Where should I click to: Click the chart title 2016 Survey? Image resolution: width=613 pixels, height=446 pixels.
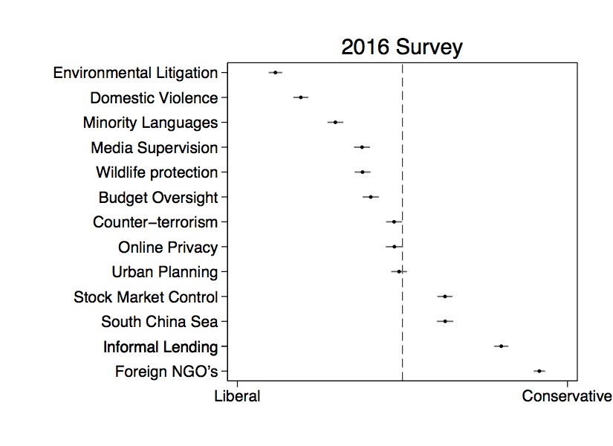[x=401, y=48]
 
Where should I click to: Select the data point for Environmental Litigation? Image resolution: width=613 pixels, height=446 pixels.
[x=276, y=73]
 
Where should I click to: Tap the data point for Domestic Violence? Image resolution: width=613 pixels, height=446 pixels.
[x=300, y=97]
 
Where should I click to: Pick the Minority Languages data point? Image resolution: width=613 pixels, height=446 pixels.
[x=335, y=122]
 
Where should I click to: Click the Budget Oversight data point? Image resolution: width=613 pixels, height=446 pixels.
[x=371, y=197]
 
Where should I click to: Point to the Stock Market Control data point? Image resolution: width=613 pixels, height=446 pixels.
[x=444, y=297]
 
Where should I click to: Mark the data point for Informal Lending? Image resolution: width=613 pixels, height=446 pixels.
[x=502, y=346]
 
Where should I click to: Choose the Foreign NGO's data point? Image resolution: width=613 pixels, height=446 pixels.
[x=539, y=371]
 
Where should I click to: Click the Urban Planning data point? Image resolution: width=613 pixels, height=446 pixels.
[x=399, y=271]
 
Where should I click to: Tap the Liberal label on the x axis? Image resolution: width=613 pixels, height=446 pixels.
[x=237, y=396]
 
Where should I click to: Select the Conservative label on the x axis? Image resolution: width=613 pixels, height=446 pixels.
[x=566, y=396]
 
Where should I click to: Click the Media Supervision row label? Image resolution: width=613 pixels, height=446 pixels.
[x=155, y=148]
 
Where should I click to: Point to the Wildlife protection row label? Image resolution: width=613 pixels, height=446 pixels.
[x=157, y=172]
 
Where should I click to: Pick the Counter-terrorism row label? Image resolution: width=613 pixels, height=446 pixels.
[x=155, y=222]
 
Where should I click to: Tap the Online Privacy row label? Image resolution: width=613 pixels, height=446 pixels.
[x=168, y=248]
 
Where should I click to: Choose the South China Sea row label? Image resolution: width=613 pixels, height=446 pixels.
[x=160, y=322]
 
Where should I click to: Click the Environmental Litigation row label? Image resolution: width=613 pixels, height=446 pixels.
[x=135, y=73]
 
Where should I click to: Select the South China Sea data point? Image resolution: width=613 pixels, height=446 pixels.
[x=445, y=321]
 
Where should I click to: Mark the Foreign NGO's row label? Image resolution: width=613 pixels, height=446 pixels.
[x=166, y=372]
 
